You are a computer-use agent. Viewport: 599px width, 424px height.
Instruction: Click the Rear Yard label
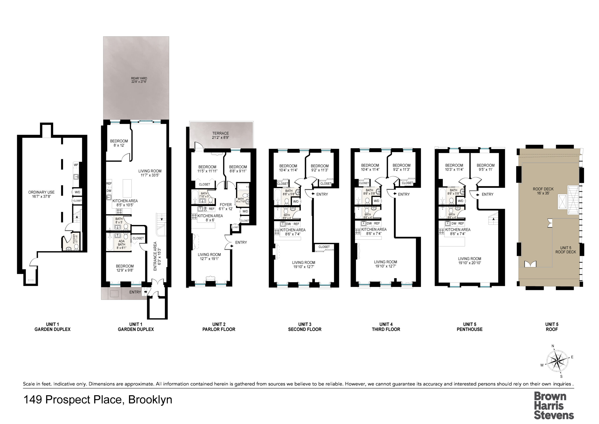[x=139, y=80]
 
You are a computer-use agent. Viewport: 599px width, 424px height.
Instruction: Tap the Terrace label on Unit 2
[x=220, y=135]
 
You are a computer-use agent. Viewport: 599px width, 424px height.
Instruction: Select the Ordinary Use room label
[x=41, y=194]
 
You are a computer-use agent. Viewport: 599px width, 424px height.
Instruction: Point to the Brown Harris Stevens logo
[x=554, y=406]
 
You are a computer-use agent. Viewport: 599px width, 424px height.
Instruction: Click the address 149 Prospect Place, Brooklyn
[x=98, y=400]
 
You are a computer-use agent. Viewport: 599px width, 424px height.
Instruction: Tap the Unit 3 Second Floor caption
[x=305, y=327]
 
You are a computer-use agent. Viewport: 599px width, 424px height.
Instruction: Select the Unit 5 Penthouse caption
[x=470, y=327]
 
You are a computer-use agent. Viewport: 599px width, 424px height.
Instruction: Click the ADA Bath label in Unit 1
[x=122, y=244]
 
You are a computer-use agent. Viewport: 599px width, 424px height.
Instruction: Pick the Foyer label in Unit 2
[x=226, y=207]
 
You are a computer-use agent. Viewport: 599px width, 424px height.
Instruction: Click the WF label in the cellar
[x=76, y=165]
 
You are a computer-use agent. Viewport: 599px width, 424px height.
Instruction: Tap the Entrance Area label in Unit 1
[x=157, y=256]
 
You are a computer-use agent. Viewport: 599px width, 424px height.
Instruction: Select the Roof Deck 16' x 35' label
[x=543, y=191]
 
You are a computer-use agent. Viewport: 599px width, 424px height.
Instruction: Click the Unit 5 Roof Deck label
[x=566, y=250]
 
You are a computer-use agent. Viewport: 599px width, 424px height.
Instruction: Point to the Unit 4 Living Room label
[x=385, y=264]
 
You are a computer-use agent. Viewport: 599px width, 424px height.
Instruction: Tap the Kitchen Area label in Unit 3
[x=293, y=232]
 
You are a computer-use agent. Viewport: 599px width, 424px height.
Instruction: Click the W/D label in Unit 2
[x=245, y=211]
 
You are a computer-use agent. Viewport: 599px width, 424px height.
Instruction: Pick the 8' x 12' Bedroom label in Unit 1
[x=119, y=143]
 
